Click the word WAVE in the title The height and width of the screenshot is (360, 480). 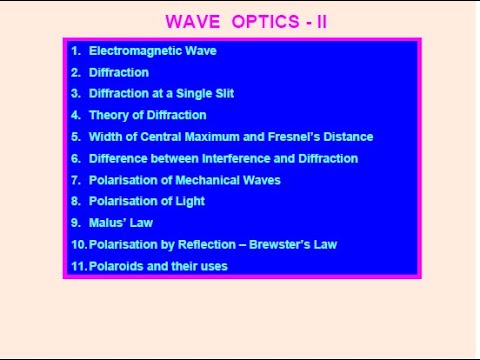pyautogui.click(x=190, y=22)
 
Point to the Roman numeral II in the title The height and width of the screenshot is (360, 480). pyautogui.click(x=321, y=22)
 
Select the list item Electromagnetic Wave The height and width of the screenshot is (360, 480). pyautogui.click(x=152, y=51)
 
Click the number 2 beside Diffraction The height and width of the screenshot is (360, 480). pyautogui.click(x=75, y=72)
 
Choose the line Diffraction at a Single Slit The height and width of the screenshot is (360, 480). pyautogui.click(x=161, y=94)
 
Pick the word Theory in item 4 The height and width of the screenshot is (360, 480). pyautogui.click(x=108, y=115)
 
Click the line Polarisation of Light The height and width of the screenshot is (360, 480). pyautogui.click(x=146, y=201)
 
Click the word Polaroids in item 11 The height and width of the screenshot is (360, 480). pyautogui.click(x=116, y=266)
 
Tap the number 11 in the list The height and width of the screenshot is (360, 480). pyautogui.click(x=78, y=266)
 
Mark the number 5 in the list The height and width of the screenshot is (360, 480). pyautogui.click(x=75, y=137)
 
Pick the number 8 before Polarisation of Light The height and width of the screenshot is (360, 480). pyautogui.click(x=75, y=201)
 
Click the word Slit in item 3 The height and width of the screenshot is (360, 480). pyautogui.click(x=223, y=94)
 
